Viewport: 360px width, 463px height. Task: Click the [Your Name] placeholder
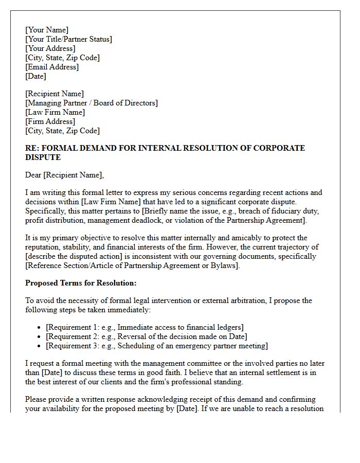[x=47, y=30]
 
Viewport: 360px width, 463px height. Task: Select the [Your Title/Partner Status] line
[x=68, y=39]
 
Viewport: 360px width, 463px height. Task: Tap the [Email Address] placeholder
[x=52, y=67]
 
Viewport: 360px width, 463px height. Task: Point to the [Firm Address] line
[x=50, y=121]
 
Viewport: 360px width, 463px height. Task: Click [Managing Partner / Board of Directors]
[x=92, y=103]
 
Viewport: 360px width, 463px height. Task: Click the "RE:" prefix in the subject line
[x=32, y=148]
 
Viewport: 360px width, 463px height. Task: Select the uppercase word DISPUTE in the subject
[x=43, y=157]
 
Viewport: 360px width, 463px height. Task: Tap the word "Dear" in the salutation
[x=33, y=175]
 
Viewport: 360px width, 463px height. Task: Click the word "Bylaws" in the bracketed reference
[x=224, y=265]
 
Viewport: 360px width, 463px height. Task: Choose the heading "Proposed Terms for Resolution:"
[x=81, y=283]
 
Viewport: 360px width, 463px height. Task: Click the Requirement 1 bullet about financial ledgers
[x=145, y=327]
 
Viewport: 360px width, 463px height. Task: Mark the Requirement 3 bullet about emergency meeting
[x=156, y=346]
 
